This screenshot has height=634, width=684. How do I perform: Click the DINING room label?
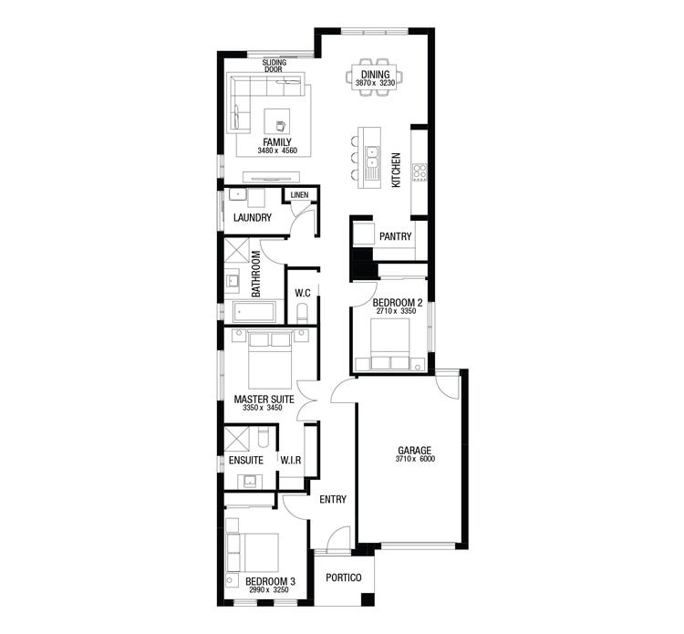click(x=375, y=74)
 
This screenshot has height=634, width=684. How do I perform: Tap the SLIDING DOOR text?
click(x=274, y=66)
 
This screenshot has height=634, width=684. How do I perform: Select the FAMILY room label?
click(x=277, y=142)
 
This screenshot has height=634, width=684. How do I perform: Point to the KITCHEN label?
click(x=396, y=171)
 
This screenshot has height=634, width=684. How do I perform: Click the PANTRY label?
click(x=396, y=236)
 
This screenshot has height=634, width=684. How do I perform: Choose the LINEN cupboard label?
click(x=300, y=196)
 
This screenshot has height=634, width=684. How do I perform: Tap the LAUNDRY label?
click(x=252, y=218)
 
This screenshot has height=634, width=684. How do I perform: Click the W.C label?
click(x=303, y=293)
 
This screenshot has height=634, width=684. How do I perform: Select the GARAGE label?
click(x=414, y=450)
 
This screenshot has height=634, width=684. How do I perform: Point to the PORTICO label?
click(x=343, y=578)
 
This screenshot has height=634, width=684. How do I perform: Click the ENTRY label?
click(x=333, y=498)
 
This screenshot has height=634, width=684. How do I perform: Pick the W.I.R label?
click(x=291, y=461)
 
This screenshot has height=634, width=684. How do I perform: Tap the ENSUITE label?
click(x=246, y=461)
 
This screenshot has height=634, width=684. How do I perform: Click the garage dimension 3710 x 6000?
click(x=414, y=460)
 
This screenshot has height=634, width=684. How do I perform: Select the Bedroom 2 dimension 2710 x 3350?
click(x=395, y=312)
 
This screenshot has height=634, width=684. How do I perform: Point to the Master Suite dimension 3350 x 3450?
click(x=263, y=409)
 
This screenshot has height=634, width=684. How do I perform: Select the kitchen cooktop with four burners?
click(x=420, y=171)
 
